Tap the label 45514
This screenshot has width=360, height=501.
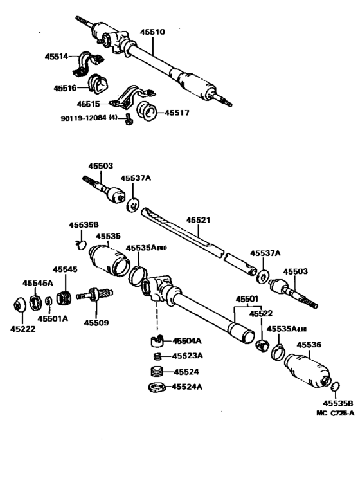coord(57,57)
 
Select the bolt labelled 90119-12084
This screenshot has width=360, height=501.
coord(128,118)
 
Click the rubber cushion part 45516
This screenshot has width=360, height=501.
coord(100,83)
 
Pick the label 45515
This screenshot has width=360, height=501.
coord(88,103)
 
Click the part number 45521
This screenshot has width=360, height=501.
coord(199,220)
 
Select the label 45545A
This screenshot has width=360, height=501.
coord(38,283)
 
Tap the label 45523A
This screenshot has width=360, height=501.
coord(188,356)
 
